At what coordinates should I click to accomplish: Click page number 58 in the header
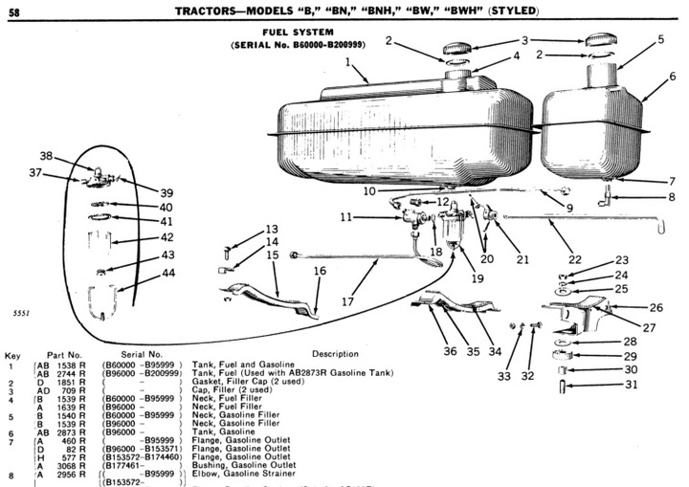(18, 10)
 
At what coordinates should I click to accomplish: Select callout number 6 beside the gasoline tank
(672, 77)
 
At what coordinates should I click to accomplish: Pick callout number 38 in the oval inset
(46, 156)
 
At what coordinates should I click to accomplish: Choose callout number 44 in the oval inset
(167, 273)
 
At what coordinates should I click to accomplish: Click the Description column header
(334, 354)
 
